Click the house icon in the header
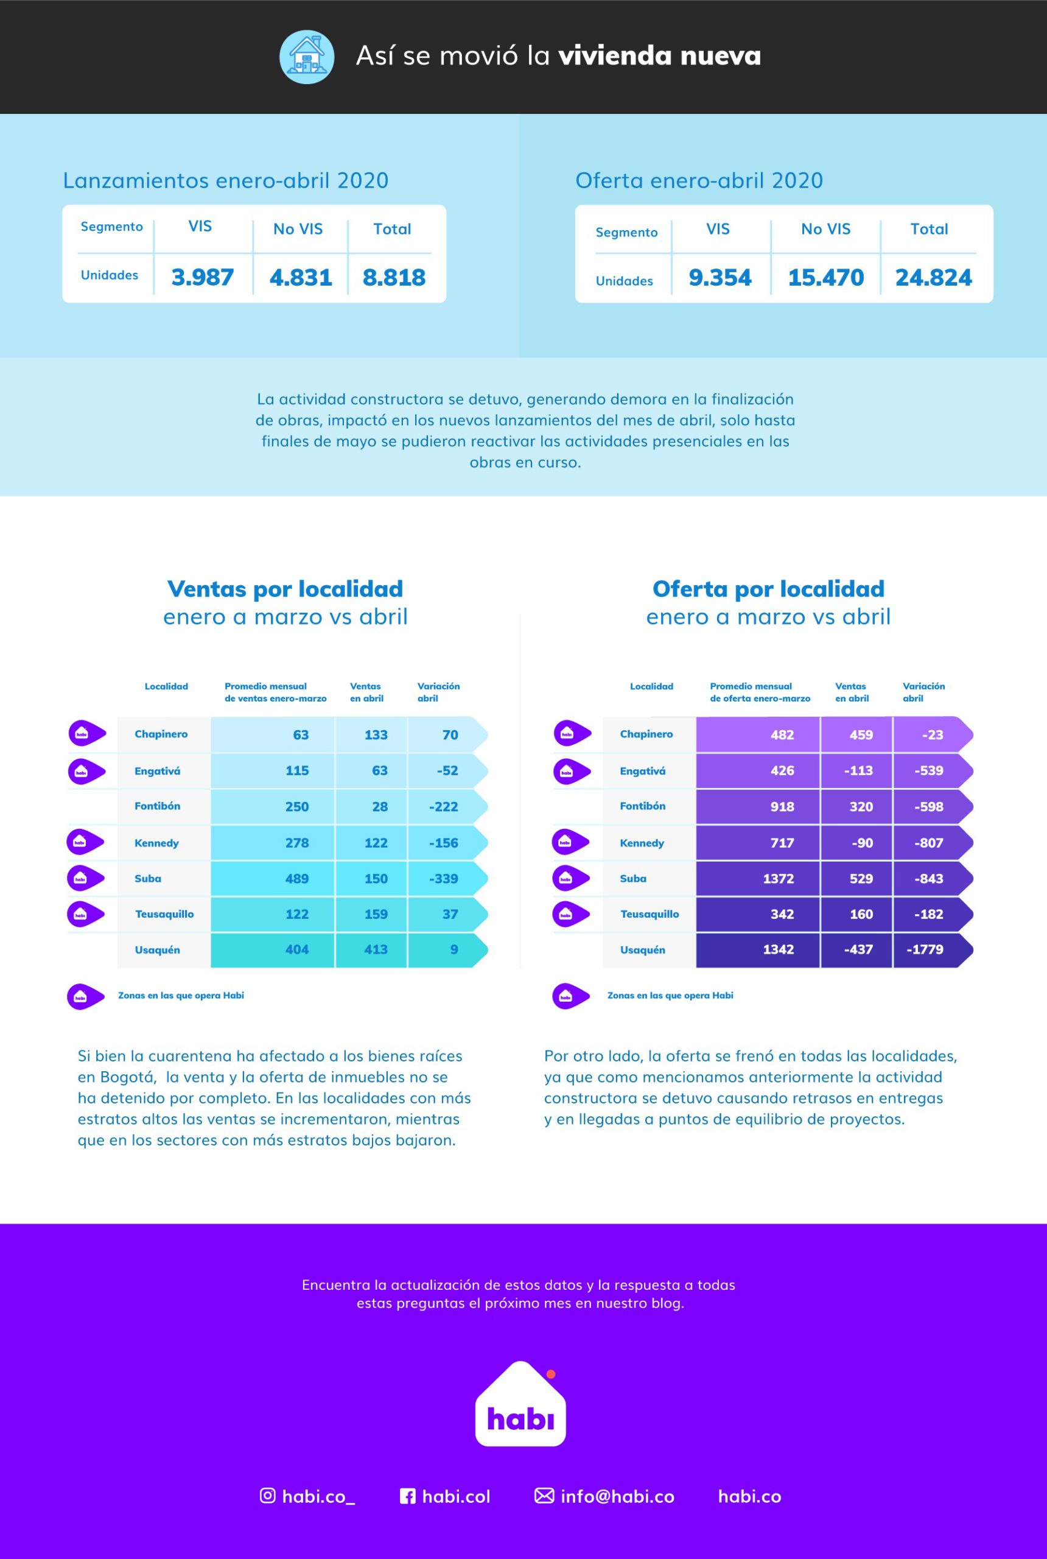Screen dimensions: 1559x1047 pos(306,57)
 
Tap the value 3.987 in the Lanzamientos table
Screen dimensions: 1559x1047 pos(202,277)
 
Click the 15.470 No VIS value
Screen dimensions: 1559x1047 pos(825,277)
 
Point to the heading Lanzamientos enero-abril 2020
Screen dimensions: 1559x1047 pos(226,180)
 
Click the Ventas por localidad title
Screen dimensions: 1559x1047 pos(285,588)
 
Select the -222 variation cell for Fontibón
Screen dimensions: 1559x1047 pos(443,807)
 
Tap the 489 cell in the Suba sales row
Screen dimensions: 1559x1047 pos(296,878)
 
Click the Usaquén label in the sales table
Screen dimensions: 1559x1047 pos(157,950)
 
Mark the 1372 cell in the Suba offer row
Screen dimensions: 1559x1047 pos(778,878)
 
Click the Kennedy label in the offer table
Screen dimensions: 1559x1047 pos(642,843)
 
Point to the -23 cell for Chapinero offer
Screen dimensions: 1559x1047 pos(932,735)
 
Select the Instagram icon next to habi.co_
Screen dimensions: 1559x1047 pos(267,1496)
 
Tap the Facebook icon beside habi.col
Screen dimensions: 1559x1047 pos(407,1496)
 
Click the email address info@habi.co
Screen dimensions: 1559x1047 pos(617,1496)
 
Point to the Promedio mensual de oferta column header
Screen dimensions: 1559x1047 pos(759,692)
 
